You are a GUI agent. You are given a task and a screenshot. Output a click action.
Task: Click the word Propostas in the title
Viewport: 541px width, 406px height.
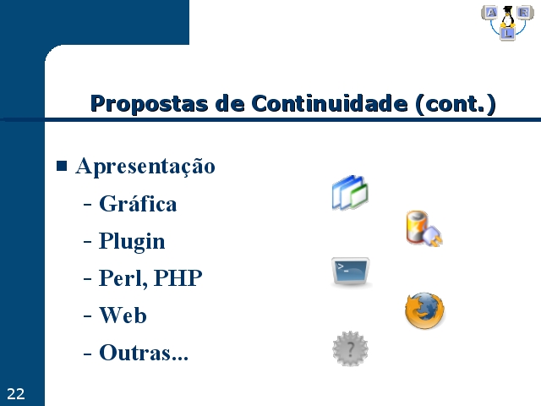coord(149,104)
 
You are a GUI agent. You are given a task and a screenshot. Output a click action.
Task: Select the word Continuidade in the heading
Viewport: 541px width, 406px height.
coord(330,103)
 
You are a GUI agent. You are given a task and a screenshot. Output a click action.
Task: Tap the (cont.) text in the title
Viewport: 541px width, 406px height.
coord(456,104)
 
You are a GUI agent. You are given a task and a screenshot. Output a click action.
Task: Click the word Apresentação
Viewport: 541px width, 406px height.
coord(145,167)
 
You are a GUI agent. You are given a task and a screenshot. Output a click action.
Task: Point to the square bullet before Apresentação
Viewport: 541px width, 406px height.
coord(62,166)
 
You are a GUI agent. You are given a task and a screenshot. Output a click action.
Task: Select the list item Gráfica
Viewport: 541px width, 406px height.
coord(138,203)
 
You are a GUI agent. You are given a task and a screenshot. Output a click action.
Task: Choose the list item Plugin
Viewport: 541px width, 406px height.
coord(132,241)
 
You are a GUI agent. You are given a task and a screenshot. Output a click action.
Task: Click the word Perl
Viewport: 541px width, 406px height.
coord(123,278)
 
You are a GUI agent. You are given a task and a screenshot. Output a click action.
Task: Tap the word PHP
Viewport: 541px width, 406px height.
coord(178,277)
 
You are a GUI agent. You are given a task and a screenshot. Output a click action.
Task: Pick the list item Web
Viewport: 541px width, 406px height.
coord(123,315)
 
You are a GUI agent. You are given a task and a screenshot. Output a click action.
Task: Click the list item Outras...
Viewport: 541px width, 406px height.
coord(144,352)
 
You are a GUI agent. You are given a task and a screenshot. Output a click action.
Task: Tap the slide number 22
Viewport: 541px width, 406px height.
coord(16,394)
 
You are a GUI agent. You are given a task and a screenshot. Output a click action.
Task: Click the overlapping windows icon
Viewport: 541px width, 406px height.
coord(350,193)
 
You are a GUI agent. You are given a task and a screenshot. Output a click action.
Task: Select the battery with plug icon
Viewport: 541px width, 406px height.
coord(424,228)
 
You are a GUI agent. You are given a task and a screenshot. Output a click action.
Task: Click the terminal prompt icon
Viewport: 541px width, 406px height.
coord(351,272)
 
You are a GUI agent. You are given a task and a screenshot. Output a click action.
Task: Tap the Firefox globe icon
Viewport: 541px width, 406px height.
coord(424,310)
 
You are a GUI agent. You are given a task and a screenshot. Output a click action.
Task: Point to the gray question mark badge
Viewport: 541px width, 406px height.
coord(350,348)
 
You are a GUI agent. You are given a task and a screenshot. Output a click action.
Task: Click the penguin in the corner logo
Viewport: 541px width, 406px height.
coord(507,17)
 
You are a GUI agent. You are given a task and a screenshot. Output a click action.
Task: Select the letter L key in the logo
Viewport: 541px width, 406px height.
coord(507,34)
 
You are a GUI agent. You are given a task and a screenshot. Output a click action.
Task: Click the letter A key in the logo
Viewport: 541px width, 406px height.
coord(490,13)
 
